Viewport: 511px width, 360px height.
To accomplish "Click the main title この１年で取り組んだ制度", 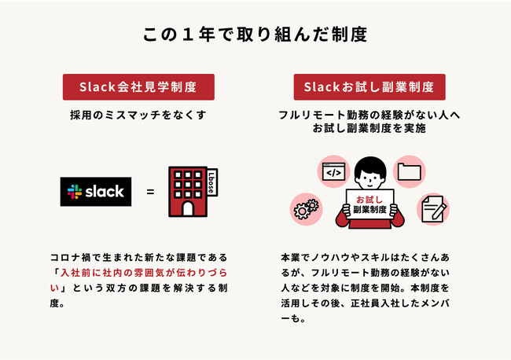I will (x=256, y=35).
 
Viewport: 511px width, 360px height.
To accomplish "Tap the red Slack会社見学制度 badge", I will (x=138, y=86).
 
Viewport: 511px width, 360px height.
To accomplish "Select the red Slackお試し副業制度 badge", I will (x=369, y=86).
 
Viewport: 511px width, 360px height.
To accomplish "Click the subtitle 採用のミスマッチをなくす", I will (x=138, y=115).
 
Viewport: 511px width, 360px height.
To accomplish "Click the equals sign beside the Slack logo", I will (x=150, y=192).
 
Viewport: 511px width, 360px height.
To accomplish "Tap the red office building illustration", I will (x=186, y=192).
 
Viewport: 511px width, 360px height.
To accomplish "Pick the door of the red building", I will (x=186, y=208).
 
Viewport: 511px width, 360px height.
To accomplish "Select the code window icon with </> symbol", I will (x=332, y=171).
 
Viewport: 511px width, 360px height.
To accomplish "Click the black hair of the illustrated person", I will (x=369, y=165).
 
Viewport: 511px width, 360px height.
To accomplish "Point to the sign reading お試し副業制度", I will (x=369, y=205).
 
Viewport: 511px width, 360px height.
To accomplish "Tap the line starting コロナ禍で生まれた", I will (x=139, y=257).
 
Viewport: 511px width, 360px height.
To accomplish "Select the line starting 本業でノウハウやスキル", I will (x=369, y=257).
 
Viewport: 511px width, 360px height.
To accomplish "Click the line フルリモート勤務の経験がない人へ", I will (x=369, y=115).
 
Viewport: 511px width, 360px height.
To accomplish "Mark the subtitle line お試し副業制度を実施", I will (x=369, y=127).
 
